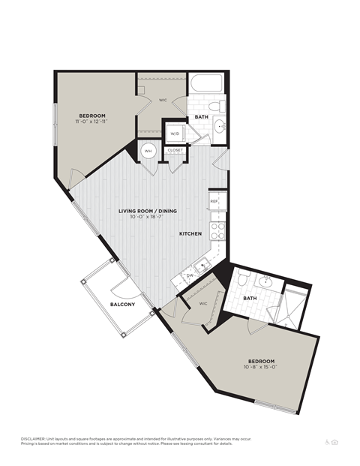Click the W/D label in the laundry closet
coord(175,134)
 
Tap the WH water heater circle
coord(148,150)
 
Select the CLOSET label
coord(175,150)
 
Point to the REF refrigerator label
coord(214,201)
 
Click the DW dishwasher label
coord(190,276)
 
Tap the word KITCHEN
coord(190,235)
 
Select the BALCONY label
coord(122,304)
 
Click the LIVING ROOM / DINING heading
coord(148,211)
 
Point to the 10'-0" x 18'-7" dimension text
coord(148,217)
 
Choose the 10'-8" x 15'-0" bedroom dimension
coord(260,367)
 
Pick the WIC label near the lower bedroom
coord(202,303)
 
